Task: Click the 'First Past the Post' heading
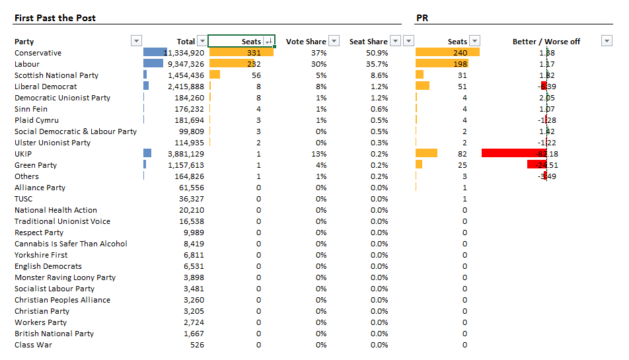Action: (x=55, y=18)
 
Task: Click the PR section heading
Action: (x=423, y=18)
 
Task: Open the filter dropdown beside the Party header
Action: (x=136, y=41)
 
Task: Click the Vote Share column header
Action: (x=306, y=42)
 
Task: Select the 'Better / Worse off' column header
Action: (x=546, y=42)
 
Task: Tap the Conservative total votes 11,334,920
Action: (x=184, y=53)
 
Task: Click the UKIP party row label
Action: (x=23, y=154)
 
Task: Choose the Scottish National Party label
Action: (x=56, y=75)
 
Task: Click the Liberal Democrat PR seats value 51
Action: (x=462, y=87)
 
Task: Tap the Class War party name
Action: (x=33, y=345)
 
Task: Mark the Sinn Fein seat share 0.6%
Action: (x=379, y=109)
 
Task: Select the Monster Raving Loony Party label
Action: (x=65, y=277)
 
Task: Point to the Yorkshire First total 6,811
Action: (x=193, y=255)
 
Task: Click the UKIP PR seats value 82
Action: (x=462, y=154)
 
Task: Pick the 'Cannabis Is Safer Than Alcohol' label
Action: (x=71, y=244)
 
